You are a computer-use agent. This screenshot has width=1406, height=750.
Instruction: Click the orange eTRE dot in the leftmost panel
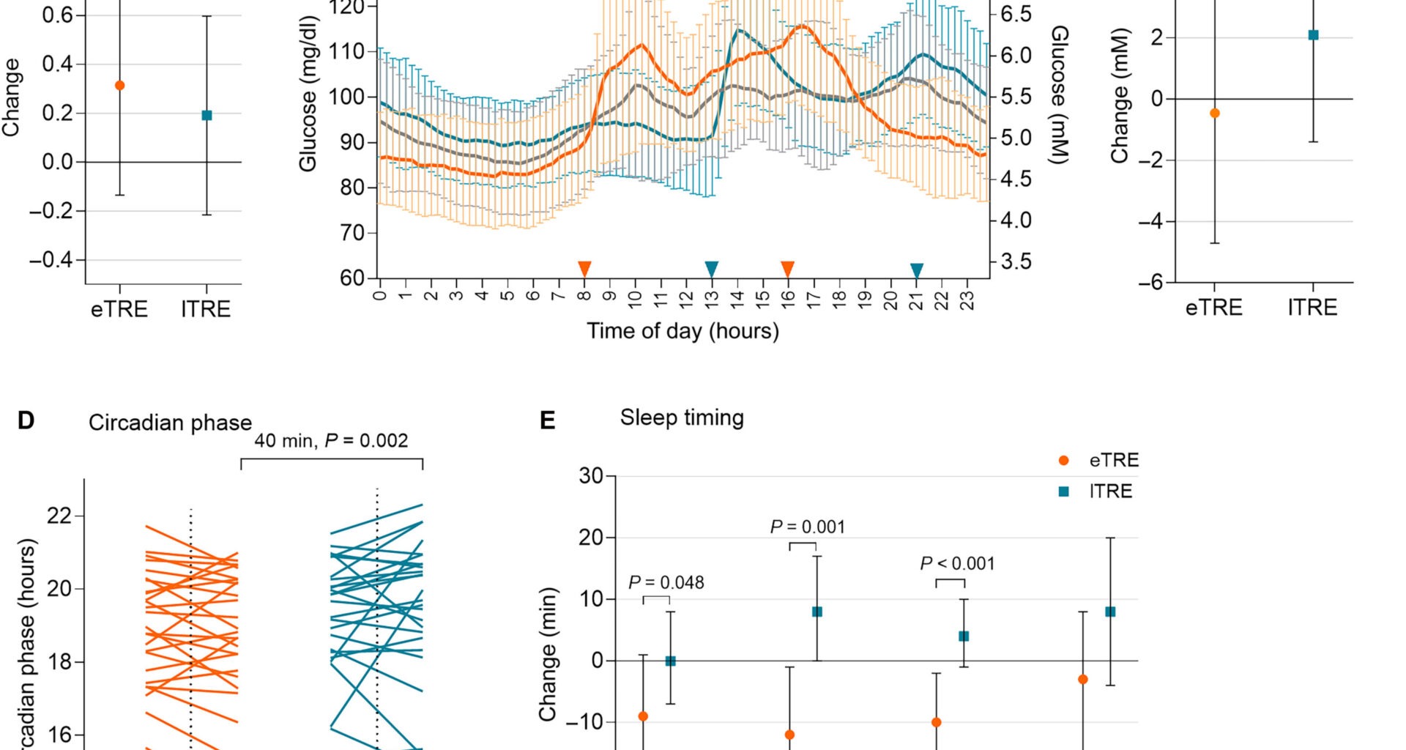pos(120,86)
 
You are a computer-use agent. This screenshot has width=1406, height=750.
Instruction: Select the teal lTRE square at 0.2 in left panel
pos(207,115)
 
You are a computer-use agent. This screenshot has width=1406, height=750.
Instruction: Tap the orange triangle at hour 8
pos(584,269)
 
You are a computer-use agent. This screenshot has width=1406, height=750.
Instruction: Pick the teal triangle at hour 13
pos(711,269)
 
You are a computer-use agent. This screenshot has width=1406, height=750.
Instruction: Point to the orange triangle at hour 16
pos(787,269)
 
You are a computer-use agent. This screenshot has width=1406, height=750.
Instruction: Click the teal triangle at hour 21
pos(917,271)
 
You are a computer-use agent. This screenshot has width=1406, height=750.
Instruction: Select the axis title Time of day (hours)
pos(682,331)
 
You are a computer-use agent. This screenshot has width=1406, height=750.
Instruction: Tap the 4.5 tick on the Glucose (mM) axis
pos(1016,179)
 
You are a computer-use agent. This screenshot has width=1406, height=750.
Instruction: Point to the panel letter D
pos(26,421)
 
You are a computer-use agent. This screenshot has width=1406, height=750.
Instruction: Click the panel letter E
pos(547,421)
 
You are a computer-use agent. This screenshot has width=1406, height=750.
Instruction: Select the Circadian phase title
pos(170,423)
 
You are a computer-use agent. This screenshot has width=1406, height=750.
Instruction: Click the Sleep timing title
pos(682,417)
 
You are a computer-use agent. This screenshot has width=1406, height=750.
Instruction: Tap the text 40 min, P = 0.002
pos(331,441)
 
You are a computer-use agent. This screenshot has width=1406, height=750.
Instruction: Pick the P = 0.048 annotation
pos(666,583)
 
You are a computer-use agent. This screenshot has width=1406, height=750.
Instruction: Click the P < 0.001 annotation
pos(957,564)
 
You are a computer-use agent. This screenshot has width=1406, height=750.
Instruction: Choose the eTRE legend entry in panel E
pos(1099,461)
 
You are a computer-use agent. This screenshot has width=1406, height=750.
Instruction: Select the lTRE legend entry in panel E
pos(1097,491)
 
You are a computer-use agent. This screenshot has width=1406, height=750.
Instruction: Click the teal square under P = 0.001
pos(817,612)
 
